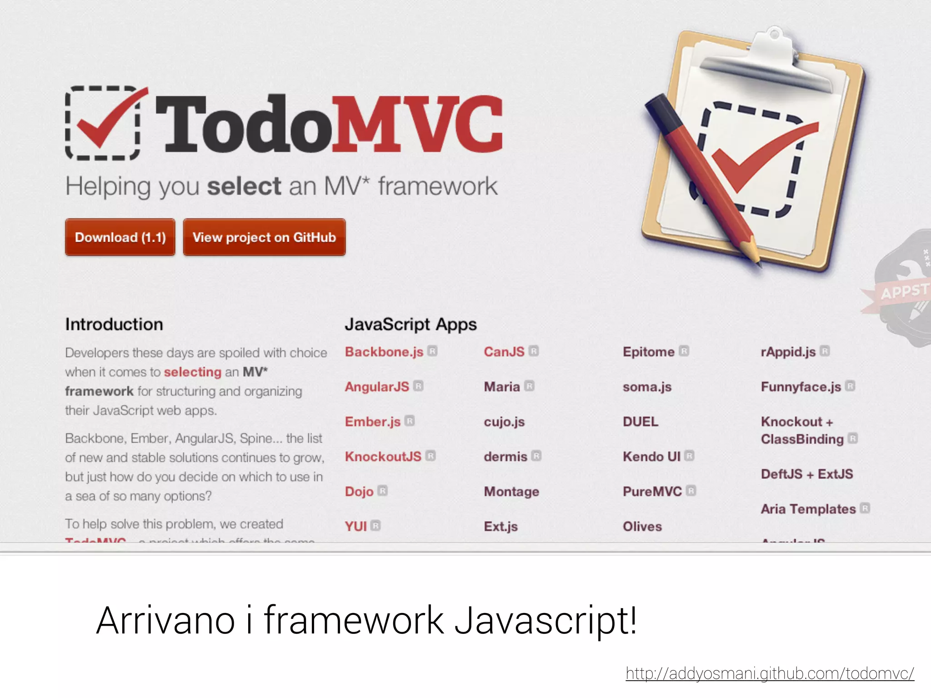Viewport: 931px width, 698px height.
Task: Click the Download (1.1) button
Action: coord(120,237)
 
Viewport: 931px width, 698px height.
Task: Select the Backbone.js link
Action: coord(384,352)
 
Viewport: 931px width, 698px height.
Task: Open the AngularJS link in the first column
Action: coord(377,387)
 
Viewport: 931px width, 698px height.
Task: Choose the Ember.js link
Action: coord(373,422)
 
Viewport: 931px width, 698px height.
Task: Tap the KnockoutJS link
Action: coord(383,456)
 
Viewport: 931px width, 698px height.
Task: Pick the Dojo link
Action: coord(359,491)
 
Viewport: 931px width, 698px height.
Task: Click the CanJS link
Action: coord(504,352)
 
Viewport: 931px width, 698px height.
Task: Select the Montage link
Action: coord(511,491)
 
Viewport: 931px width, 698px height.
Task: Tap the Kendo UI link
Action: coord(651,456)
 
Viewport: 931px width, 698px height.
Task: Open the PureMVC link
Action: coord(652,491)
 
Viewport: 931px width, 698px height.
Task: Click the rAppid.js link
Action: coord(788,352)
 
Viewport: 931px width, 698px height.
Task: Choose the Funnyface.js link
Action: coord(801,387)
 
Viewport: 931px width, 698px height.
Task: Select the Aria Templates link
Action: coord(808,509)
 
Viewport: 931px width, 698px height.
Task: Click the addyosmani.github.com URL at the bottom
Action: coord(770,673)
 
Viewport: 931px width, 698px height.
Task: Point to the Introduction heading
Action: coord(114,324)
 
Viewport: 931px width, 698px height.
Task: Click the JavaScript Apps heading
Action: coord(410,324)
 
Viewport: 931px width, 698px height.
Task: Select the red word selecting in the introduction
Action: coord(192,372)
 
